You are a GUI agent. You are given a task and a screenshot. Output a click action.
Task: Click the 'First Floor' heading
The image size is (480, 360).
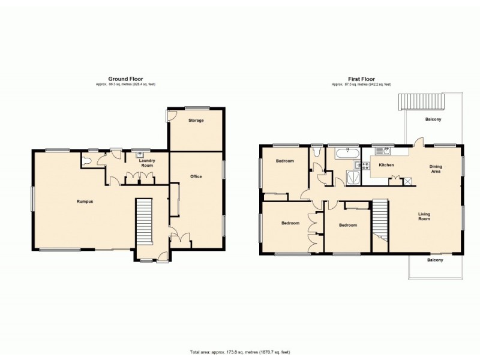click(361, 79)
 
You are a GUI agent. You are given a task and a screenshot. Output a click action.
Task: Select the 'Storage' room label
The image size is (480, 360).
click(196, 121)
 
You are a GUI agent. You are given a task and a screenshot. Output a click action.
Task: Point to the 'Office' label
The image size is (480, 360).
click(196, 176)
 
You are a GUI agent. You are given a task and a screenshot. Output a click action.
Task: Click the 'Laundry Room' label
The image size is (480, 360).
click(147, 163)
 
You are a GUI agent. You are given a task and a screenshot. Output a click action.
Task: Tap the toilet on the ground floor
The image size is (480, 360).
click(89, 161)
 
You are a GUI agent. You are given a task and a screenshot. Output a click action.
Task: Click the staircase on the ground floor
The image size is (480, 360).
click(144, 221)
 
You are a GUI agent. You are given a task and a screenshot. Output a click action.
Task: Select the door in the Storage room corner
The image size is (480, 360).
click(172, 116)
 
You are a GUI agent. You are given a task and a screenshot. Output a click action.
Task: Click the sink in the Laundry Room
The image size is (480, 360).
click(140, 154)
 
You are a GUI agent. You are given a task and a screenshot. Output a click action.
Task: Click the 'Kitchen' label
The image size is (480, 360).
click(386, 164)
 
